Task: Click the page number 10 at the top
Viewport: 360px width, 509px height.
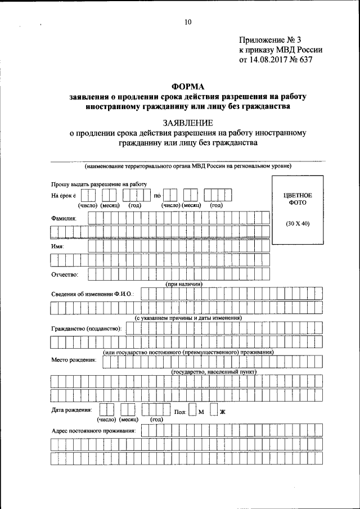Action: (x=188, y=22)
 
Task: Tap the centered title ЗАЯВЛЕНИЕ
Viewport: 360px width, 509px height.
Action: (x=188, y=122)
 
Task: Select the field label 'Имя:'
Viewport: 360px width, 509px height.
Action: (x=57, y=246)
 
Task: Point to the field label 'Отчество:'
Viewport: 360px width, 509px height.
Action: (x=65, y=274)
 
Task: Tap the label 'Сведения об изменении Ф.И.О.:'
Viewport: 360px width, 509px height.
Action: (x=92, y=294)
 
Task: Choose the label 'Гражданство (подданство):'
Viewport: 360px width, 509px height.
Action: (x=86, y=328)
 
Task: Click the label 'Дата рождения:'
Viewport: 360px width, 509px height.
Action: (x=72, y=411)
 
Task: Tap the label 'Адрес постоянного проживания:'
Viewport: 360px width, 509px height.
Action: (x=93, y=431)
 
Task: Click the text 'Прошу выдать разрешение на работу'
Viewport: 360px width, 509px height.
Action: (x=99, y=184)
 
